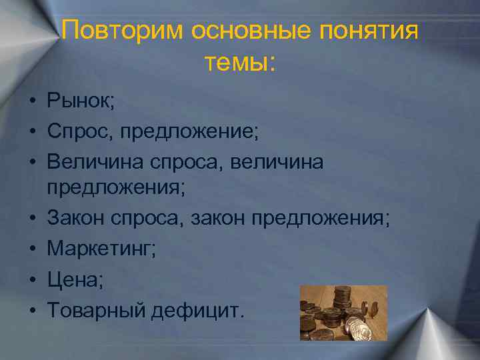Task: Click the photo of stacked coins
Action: (x=343, y=313)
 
